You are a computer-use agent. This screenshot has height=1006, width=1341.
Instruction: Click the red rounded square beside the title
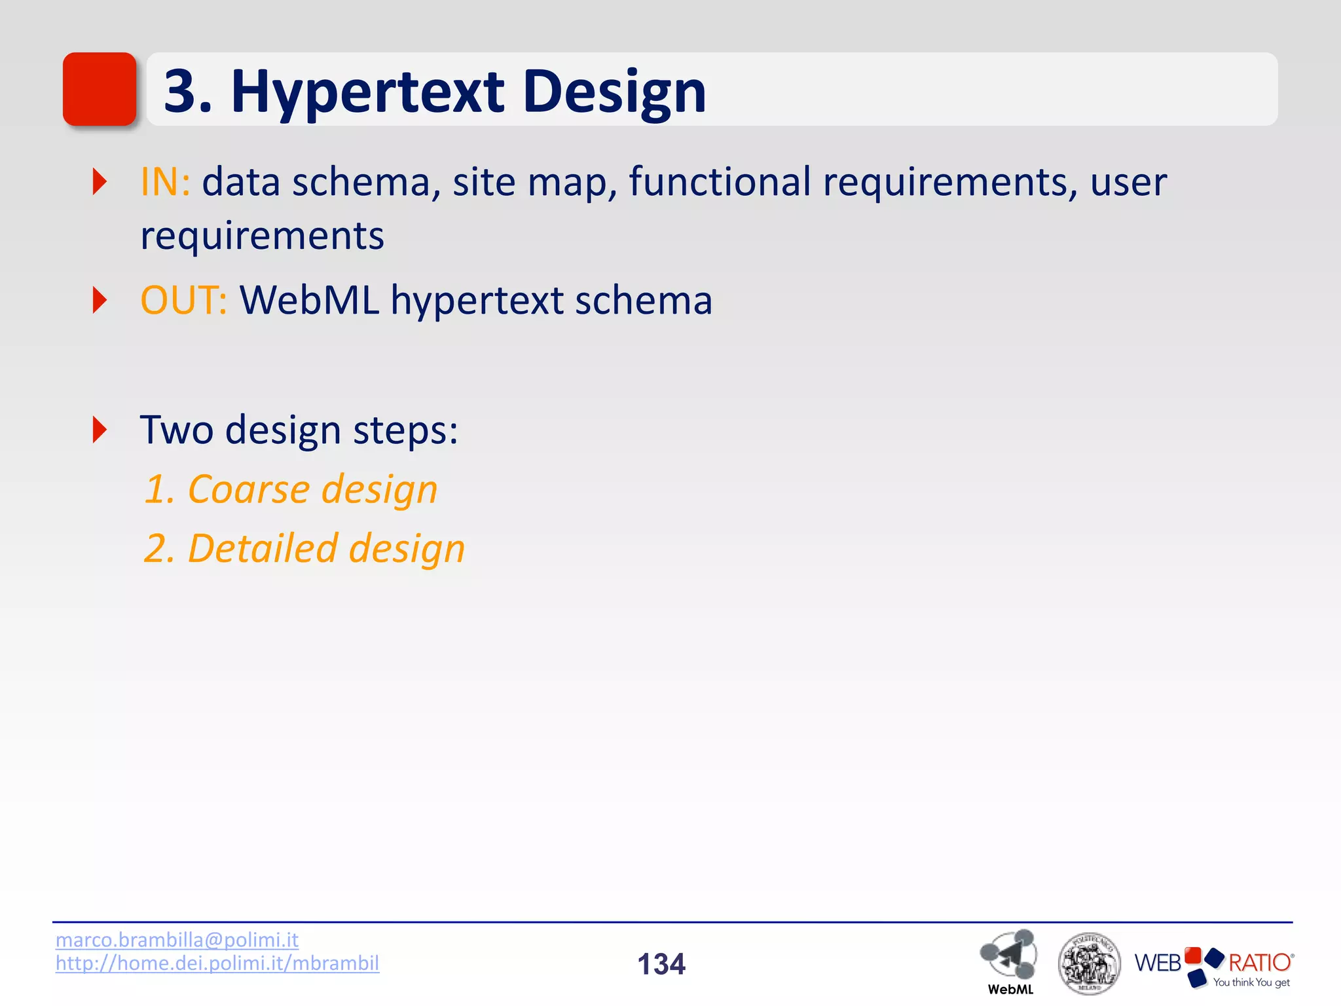pos(100,89)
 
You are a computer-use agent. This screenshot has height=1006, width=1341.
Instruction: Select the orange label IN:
pos(165,181)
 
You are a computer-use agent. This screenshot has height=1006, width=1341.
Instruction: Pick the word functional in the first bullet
pos(719,181)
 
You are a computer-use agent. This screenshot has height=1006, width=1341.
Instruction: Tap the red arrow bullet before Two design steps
pos(100,430)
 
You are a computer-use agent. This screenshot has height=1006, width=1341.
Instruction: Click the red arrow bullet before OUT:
pos(100,300)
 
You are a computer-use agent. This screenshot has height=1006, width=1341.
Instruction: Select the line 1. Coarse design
pos(291,489)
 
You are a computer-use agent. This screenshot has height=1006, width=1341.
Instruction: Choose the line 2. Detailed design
pos(304,548)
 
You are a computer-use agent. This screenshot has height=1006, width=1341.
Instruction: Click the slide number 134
pos(661,964)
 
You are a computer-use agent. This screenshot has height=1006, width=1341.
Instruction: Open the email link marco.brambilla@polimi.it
pos(177,940)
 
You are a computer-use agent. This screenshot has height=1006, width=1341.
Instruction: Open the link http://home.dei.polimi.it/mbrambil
pos(217,963)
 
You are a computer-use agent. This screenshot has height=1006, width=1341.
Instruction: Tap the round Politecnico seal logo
pos(1089,963)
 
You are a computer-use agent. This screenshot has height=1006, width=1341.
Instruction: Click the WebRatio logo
pos(1213,962)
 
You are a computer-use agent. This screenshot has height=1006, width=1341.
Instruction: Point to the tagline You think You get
pos(1251,982)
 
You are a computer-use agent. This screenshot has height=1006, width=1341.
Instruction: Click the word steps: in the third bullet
pos(405,431)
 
